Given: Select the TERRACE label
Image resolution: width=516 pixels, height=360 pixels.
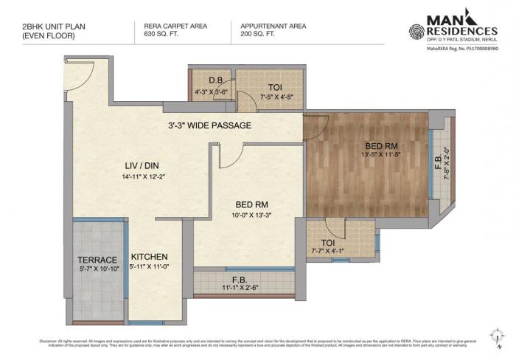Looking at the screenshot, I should (x=98, y=260).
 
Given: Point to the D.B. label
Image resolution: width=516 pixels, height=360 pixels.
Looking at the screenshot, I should (x=215, y=80).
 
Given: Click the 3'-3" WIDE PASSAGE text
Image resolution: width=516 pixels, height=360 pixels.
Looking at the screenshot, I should (x=209, y=125).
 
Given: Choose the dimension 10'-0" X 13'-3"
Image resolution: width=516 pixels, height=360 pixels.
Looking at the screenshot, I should (x=251, y=215).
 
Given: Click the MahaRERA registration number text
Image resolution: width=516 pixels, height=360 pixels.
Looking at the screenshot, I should (x=462, y=48).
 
